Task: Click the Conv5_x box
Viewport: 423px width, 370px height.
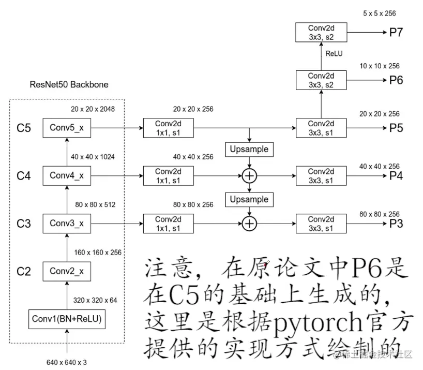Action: click(x=67, y=128)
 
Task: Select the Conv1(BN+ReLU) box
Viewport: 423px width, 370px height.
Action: click(x=67, y=319)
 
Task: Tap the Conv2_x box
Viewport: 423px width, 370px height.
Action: click(x=67, y=271)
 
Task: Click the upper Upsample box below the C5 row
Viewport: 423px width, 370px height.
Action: click(x=249, y=149)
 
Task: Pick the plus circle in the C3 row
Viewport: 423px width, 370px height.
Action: click(x=249, y=223)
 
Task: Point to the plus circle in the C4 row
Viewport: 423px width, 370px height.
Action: click(x=249, y=176)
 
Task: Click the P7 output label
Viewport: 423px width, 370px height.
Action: click(x=396, y=33)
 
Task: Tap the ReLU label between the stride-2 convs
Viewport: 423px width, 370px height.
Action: click(x=334, y=53)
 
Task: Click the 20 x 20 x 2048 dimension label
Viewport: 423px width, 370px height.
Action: click(x=93, y=109)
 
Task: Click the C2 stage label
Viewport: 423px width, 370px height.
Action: click(x=24, y=271)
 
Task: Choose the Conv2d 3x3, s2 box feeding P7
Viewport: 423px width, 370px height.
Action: click(x=321, y=33)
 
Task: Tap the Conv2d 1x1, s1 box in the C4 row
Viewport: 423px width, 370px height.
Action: click(x=168, y=175)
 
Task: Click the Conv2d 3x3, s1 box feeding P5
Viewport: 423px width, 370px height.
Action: click(x=321, y=128)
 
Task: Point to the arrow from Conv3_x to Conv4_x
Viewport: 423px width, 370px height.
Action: click(x=67, y=199)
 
